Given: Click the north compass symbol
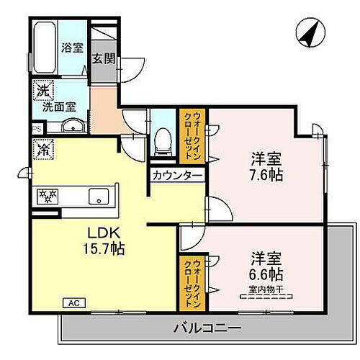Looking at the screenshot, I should pos(310,33).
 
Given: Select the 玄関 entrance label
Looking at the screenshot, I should pos(103,58).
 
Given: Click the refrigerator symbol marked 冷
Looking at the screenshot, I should pos(42,150).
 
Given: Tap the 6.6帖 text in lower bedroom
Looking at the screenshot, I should pos(266,274).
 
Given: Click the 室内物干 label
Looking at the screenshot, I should pos(266,289).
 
